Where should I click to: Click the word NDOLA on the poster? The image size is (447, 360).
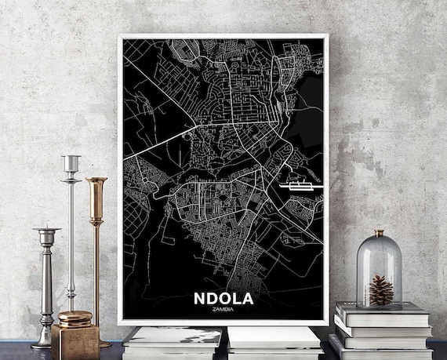[x=224, y=300]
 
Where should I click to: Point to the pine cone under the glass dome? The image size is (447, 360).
[x=380, y=290]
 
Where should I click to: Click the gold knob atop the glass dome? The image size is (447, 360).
[x=380, y=233]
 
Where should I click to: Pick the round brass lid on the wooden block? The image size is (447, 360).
[x=74, y=318]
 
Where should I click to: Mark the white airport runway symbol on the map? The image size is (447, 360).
[x=295, y=186]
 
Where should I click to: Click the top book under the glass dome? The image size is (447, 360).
[x=382, y=311]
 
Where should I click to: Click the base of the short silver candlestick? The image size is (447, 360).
[x=45, y=342]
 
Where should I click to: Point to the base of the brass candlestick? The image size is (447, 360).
[x=100, y=343]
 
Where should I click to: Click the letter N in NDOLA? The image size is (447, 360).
[x=198, y=300]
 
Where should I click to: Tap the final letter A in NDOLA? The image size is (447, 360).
[x=250, y=300]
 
